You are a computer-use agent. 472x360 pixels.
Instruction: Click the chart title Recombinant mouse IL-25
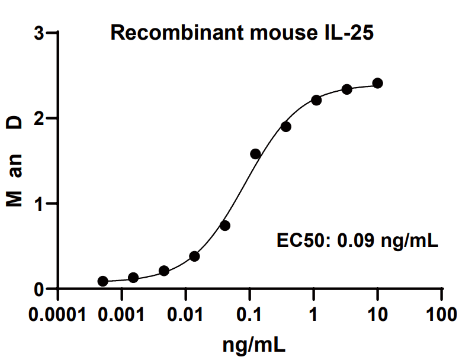pos(242,34)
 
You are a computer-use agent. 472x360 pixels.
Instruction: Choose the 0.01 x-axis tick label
pos(185,314)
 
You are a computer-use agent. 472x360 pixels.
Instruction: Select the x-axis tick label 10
pos(377,314)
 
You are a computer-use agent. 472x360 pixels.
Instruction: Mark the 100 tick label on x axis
pos(441,314)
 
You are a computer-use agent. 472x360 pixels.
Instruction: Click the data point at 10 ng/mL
pos(377,83)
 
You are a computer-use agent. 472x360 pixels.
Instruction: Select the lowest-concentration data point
pos(103,281)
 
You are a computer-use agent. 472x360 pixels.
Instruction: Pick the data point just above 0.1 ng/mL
pos(255,154)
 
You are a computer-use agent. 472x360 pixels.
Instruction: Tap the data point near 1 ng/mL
pos(316,100)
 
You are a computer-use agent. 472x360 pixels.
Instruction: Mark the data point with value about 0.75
pos(225,226)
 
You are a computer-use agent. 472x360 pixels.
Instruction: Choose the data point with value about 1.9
pos(286,127)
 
